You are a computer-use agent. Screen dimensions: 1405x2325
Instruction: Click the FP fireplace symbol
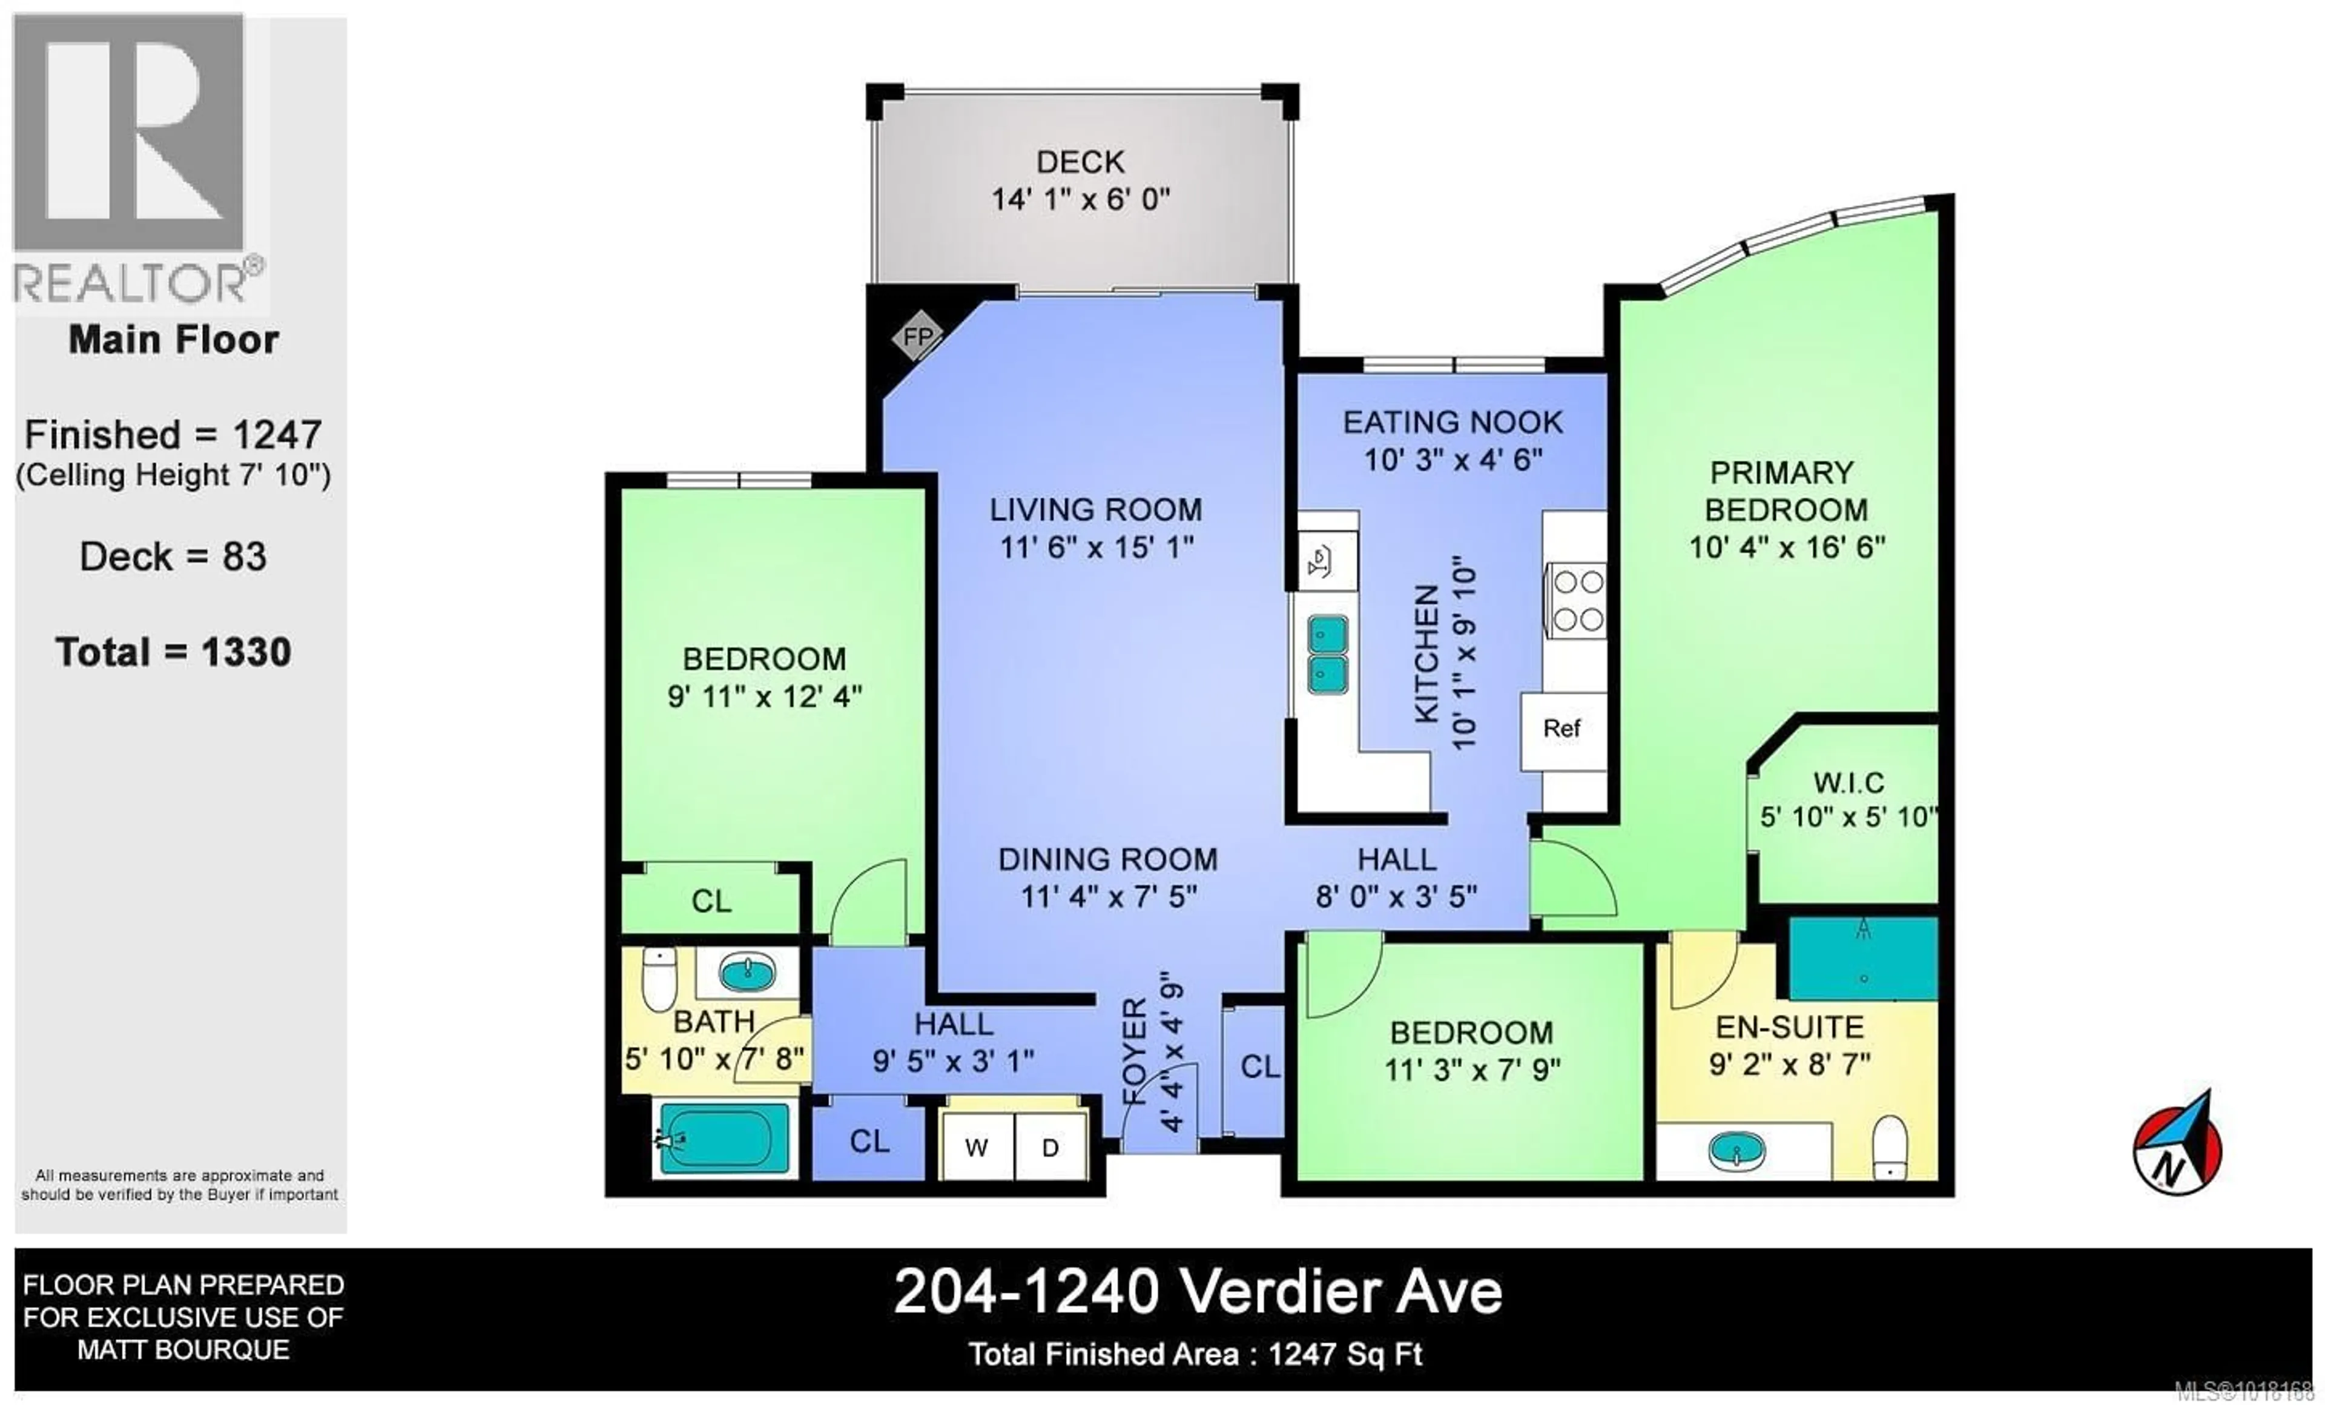[x=918, y=337]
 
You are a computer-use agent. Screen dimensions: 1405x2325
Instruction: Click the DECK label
[x=1080, y=162]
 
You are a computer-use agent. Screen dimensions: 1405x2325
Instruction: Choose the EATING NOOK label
[x=1453, y=421]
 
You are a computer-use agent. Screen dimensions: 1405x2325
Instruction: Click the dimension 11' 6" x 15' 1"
[x=1097, y=546]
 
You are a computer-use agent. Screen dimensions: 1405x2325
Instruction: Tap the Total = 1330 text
[x=174, y=652]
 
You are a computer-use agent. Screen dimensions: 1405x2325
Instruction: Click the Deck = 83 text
[x=174, y=557]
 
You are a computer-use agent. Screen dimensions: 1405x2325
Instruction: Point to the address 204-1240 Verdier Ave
[x=1198, y=1292]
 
